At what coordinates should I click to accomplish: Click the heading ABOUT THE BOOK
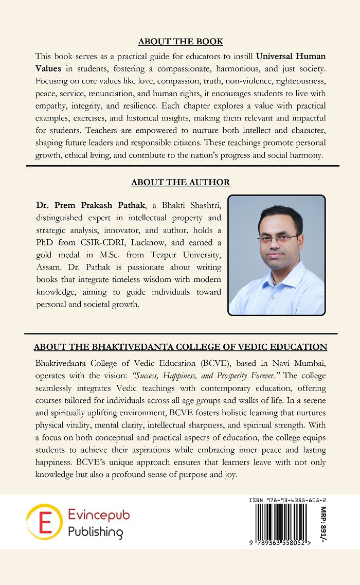(x=180, y=42)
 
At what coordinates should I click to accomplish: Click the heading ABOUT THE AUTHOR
(x=180, y=182)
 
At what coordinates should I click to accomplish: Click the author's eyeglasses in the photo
(x=278, y=238)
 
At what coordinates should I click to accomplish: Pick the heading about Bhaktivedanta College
(x=180, y=347)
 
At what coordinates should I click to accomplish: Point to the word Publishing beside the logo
(x=96, y=531)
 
